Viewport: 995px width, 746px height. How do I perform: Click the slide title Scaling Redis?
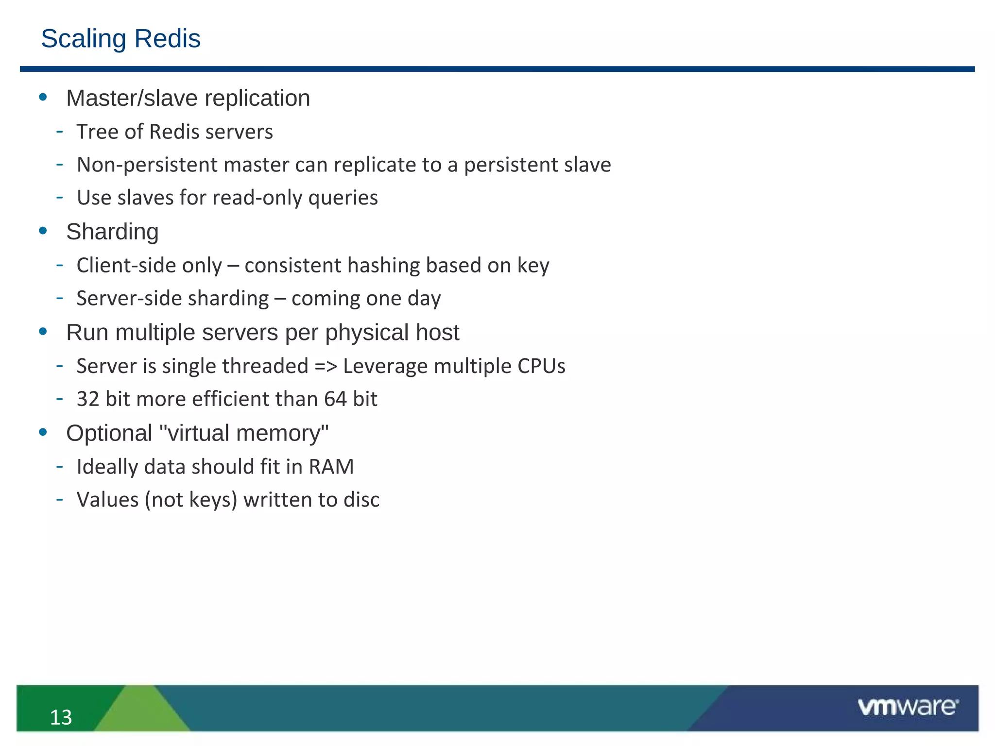pos(120,39)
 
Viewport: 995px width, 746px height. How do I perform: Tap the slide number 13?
pos(61,717)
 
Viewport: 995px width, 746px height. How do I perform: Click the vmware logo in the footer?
pos(908,707)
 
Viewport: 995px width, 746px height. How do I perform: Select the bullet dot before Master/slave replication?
pos(43,97)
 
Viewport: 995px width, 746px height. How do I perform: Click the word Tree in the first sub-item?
pos(96,132)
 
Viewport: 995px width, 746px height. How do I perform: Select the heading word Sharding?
pos(112,232)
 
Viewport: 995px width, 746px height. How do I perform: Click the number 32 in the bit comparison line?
pos(88,399)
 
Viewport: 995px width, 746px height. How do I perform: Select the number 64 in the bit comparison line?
pos(335,399)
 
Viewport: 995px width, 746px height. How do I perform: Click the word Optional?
pos(109,433)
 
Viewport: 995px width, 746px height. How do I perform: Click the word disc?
pos(361,500)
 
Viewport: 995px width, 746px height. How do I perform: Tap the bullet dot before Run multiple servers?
pos(43,332)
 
